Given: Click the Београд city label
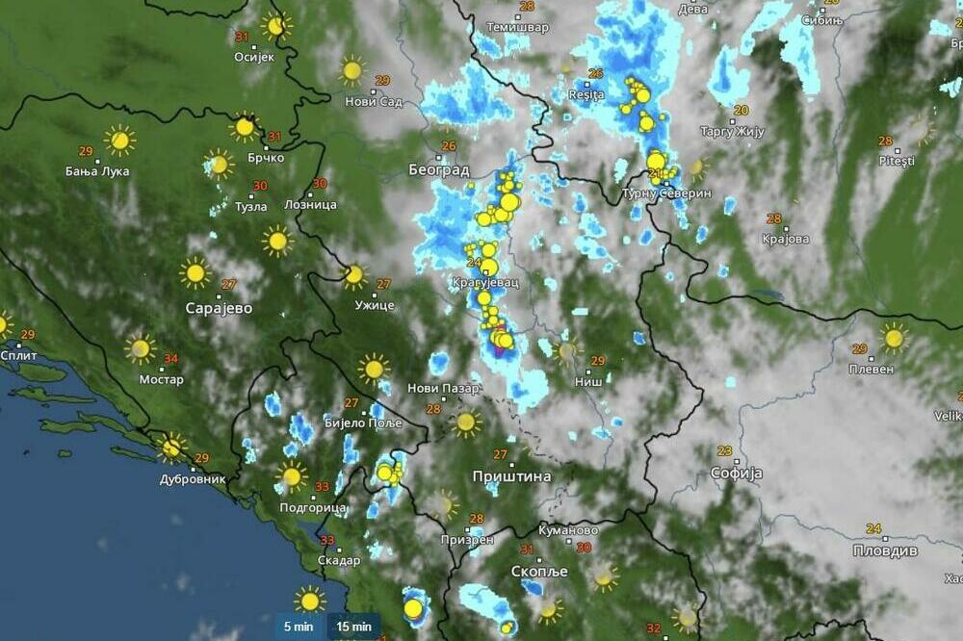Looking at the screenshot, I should tap(438, 170).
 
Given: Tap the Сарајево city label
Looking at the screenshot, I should tap(219, 308).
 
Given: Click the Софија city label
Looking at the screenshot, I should tap(737, 473).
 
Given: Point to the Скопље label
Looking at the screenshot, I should tap(539, 571).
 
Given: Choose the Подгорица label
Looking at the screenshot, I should tap(312, 507).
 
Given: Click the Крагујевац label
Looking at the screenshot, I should tap(484, 283).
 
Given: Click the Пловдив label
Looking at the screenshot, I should tap(885, 551).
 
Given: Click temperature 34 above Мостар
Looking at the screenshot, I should tap(171, 360).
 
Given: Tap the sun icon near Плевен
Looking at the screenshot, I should tap(894, 337).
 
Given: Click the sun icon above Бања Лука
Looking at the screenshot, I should tap(119, 141).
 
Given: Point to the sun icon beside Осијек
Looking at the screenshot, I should tap(276, 26).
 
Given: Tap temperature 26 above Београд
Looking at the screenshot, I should tap(449, 146).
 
